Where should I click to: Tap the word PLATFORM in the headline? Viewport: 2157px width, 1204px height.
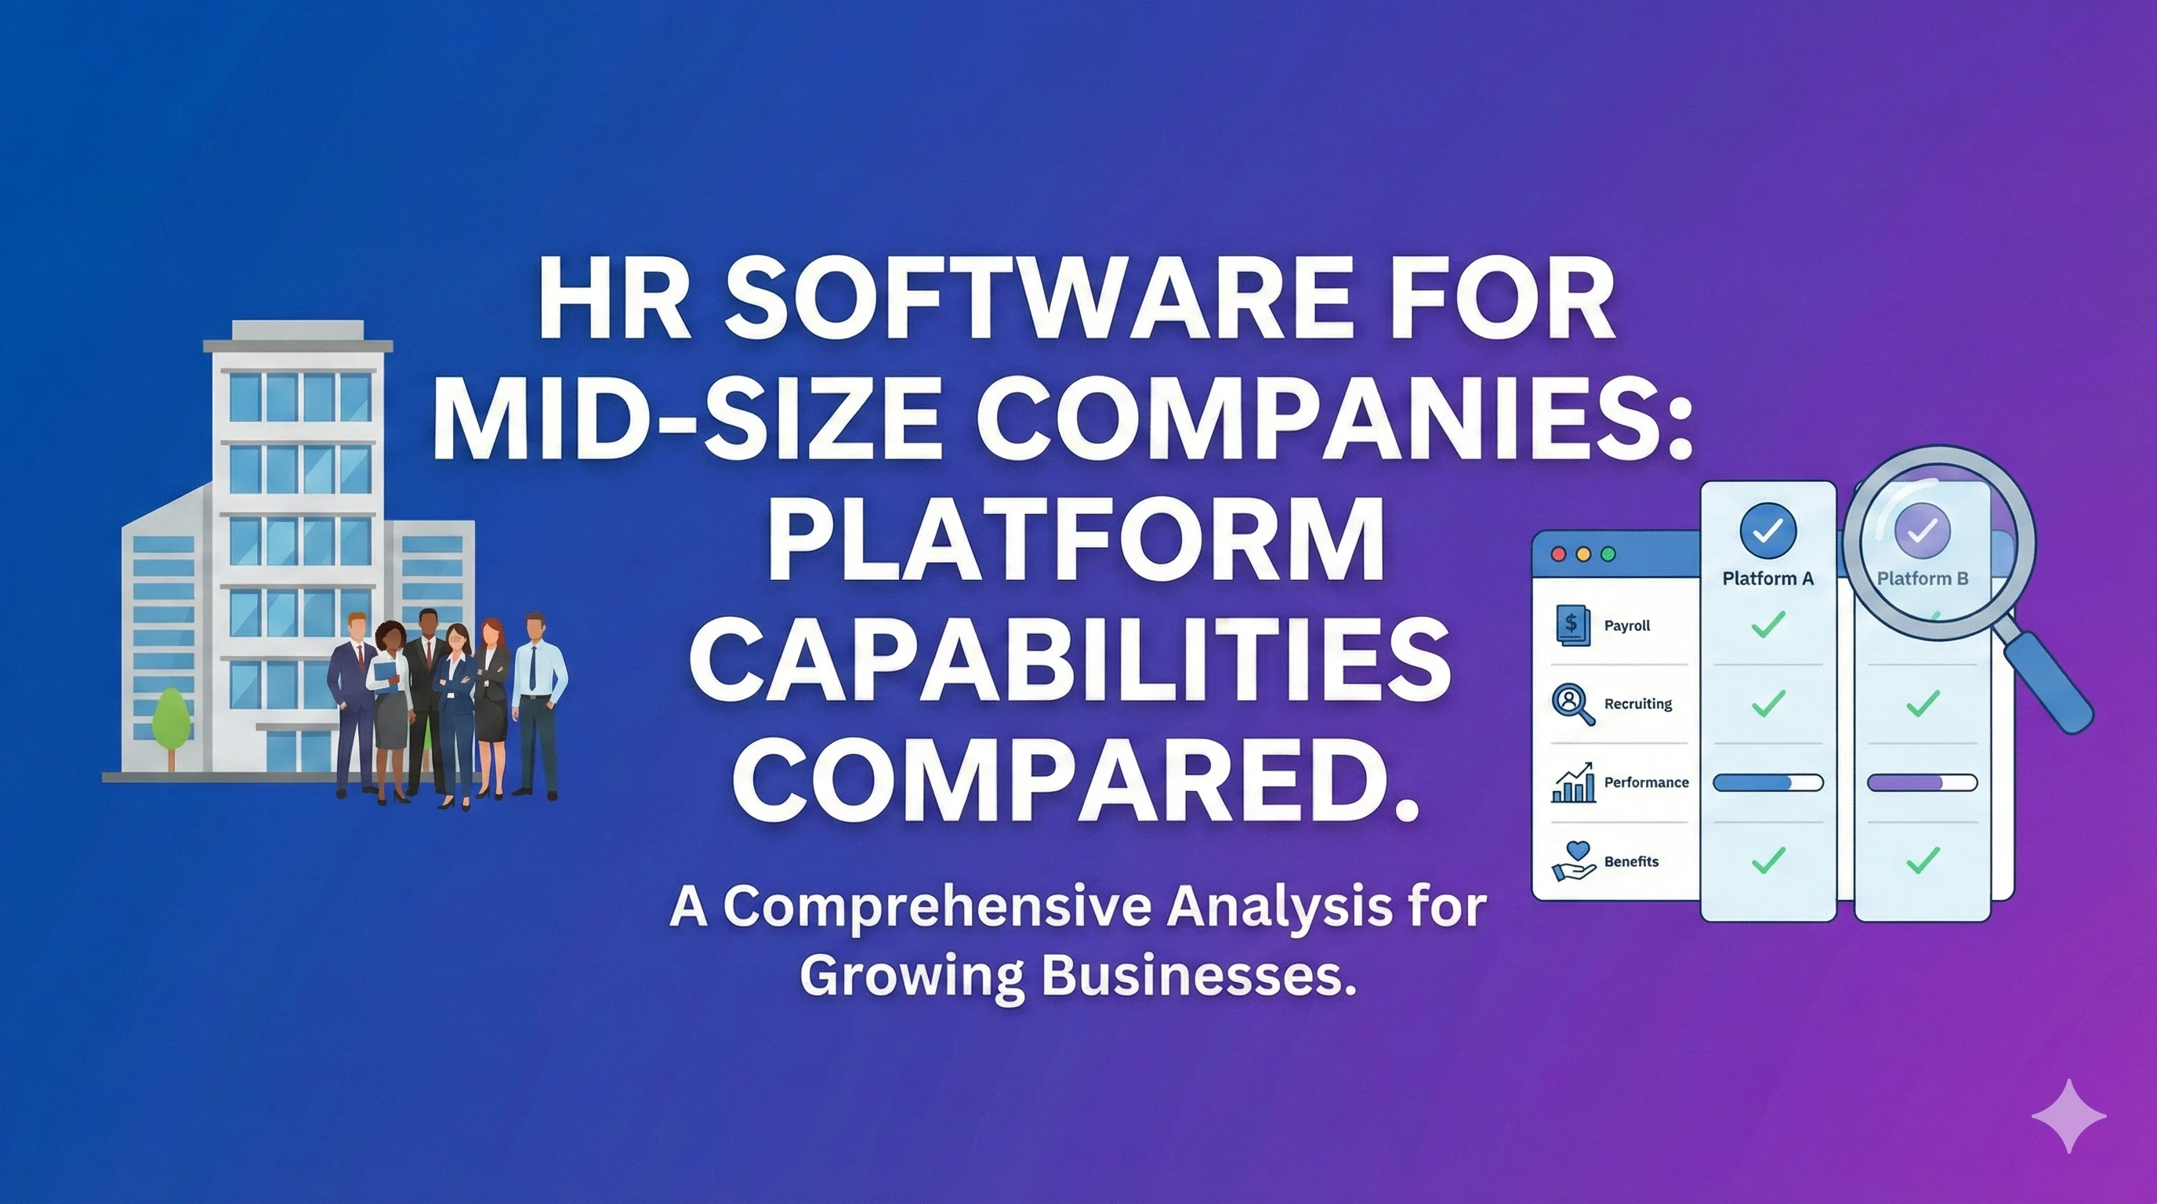pyautogui.click(x=1075, y=539)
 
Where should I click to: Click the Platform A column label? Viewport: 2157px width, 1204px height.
pyautogui.click(x=1767, y=578)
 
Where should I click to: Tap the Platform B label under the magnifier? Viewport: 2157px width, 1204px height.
pyautogui.click(x=1922, y=578)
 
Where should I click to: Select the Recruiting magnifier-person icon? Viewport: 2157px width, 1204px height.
pyautogui.click(x=1572, y=702)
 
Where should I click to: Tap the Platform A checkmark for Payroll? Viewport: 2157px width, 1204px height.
pyautogui.click(x=1767, y=624)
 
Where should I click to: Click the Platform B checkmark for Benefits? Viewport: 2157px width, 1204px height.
pyautogui.click(x=1922, y=860)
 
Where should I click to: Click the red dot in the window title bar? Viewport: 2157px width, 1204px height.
pyautogui.click(x=1558, y=554)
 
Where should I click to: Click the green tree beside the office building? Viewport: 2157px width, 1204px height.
pyautogui.click(x=172, y=720)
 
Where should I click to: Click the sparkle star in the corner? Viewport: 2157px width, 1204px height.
pyautogui.click(x=2068, y=1115)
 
